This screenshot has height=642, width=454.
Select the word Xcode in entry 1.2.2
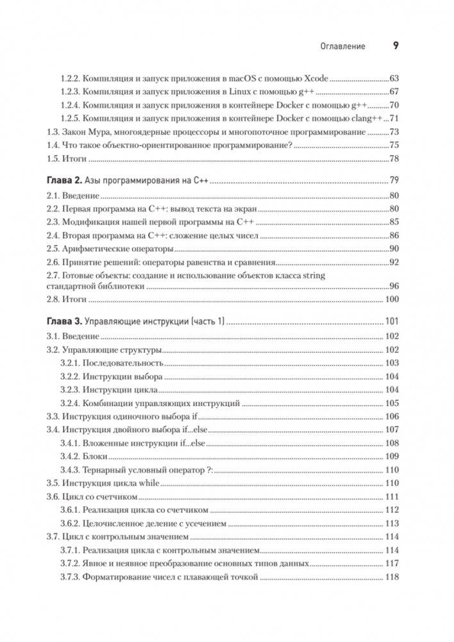(x=314, y=79)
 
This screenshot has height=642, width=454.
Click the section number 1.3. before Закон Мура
(x=55, y=132)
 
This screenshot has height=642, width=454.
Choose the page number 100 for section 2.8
(x=392, y=300)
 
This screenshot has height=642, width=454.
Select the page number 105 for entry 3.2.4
(x=392, y=403)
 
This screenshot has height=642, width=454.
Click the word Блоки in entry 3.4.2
(x=95, y=457)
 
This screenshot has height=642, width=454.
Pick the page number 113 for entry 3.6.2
(x=392, y=523)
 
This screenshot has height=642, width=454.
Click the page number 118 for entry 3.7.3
(x=392, y=577)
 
